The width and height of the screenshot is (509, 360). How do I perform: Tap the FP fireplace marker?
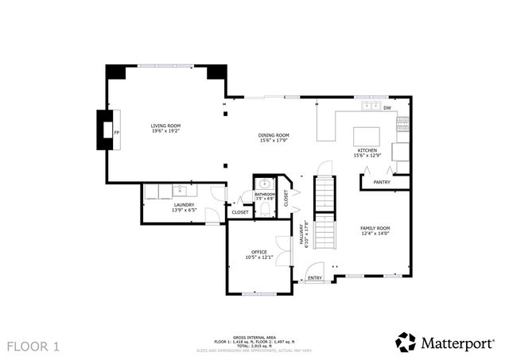point(117,132)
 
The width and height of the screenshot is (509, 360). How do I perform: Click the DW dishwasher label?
point(387,107)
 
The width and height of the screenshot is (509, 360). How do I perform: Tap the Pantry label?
point(382,182)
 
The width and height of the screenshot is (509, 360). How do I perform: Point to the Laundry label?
point(185,207)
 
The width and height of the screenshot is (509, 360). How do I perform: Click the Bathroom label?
point(265,194)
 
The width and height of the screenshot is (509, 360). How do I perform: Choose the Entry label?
point(315,278)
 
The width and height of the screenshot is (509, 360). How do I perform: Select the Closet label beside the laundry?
point(239,212)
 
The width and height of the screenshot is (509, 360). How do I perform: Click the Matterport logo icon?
point(406,342)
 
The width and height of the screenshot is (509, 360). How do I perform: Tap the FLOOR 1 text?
point(33,346)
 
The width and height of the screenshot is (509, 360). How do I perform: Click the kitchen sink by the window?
point(369,106)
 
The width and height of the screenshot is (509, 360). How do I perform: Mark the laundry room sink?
point(181,190)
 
